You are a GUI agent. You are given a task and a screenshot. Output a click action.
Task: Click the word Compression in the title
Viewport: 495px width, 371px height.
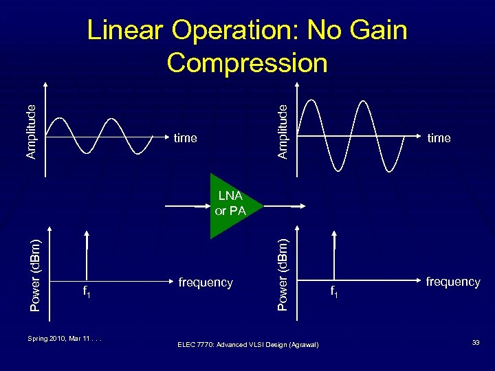tap(247, 63)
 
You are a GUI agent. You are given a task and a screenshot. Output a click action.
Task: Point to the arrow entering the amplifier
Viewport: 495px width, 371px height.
tap(187, 205)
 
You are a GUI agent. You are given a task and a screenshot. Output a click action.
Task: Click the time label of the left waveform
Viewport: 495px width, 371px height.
tap(186, 138)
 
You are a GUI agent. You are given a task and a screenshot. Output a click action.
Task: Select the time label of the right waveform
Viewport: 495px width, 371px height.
tap(439, 138)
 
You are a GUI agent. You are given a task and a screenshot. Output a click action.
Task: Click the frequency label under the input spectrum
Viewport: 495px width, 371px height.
tap(206, 282)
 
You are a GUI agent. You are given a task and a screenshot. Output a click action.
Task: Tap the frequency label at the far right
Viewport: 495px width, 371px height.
tap(452, 282)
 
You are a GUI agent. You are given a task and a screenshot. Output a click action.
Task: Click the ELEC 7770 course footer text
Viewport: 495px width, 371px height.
tap(247, 344)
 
